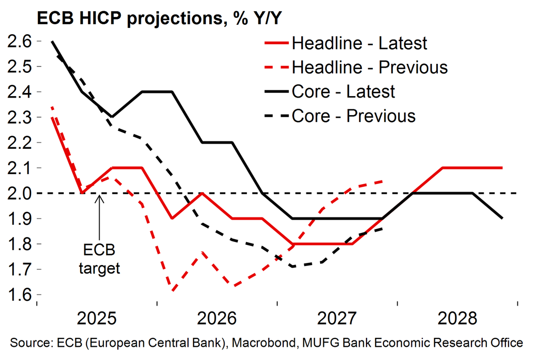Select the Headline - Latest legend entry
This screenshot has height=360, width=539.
click(359, 43)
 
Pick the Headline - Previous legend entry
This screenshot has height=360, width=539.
click(369, 67)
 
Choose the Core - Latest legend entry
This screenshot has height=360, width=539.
click(343, 91)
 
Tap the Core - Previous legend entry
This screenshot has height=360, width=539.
click(353, 116)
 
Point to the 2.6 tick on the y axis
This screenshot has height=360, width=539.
click(20, 41)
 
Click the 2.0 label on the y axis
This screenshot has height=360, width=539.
click(20, 193)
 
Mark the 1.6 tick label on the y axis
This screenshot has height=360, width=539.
click(20, 295)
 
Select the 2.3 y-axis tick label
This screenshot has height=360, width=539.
click(20, 117)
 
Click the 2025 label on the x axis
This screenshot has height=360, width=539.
click(97, 319)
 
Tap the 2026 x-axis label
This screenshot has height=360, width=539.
click(217, 319)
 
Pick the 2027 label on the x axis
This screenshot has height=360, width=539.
click(337, 319)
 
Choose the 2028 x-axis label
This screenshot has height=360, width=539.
click(457, 319)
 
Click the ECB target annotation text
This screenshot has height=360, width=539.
click(99, 258)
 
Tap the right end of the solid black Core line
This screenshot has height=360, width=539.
click(502, 218)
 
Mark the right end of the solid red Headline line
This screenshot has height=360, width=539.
click(502, 168)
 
